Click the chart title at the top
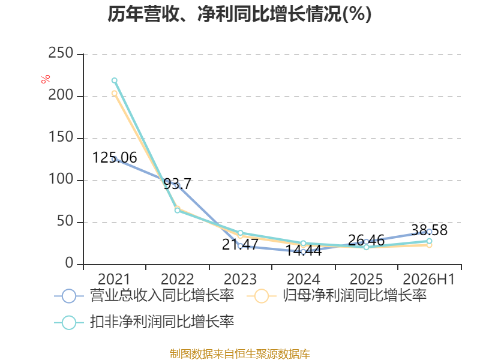tap(239, 14)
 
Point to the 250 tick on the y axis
tap(61, 53)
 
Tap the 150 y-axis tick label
tap(61, 137)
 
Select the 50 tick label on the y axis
tap(65, 221)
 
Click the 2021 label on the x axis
tap(114, 279)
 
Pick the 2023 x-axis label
tap(240, 279)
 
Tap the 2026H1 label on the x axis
tap(429, 279)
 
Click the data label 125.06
tap(115, 158)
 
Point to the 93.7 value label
tap(177, 184)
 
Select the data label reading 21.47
tap(241, 244)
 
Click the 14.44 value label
tap(304, 250)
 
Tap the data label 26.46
tap(366, 241)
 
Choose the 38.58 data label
tap(429, 230)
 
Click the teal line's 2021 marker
tap(115, 80)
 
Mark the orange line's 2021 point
tap(115, 93)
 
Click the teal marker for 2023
tap(241, 233)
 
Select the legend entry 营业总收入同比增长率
tap(144, 296)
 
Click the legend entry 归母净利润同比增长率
tap(337, 296)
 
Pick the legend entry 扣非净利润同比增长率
tap(144, 322)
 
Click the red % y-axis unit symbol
tap(46, 79)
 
